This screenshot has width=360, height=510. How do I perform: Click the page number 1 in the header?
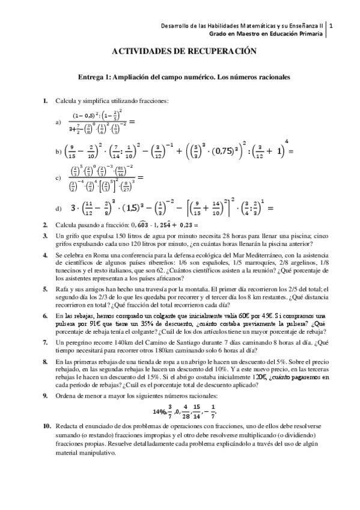tap(332, 26)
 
